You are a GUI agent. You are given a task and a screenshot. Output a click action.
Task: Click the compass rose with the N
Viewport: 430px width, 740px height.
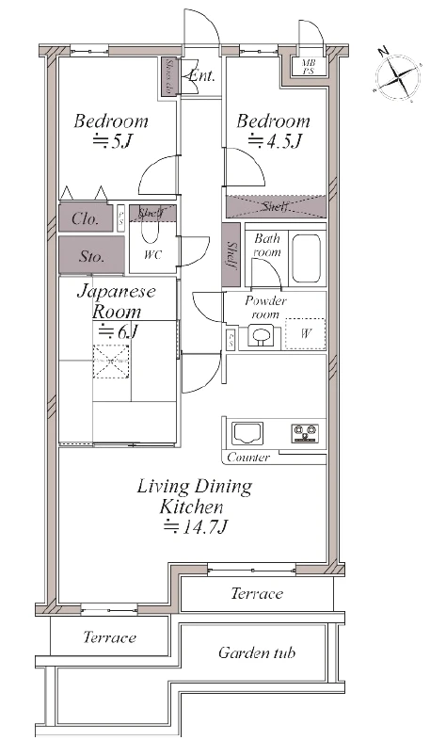395,72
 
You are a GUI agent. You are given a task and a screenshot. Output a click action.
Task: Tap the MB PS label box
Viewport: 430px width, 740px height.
308,67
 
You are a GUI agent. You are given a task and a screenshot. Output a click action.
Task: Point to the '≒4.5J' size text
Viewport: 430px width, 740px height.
273,143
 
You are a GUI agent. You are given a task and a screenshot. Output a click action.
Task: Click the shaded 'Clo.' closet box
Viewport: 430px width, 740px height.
87,218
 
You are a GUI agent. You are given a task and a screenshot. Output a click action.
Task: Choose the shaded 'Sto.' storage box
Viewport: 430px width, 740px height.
90,254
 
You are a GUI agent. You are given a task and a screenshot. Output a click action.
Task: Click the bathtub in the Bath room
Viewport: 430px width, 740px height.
306,258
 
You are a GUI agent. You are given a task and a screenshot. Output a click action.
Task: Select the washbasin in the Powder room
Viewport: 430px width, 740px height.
261,336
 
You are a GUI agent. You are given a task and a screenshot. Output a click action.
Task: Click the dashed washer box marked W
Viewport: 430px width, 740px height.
305,333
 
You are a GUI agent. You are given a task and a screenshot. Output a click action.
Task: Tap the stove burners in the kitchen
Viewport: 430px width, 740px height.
305,433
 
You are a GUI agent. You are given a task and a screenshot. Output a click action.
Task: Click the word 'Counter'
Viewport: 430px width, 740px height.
248,458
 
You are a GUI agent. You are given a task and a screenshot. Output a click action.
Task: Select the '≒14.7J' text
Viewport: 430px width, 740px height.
195,527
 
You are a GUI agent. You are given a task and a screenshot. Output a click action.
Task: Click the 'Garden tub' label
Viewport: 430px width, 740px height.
257,652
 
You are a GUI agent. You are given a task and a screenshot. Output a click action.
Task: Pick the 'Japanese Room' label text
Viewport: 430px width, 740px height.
116,300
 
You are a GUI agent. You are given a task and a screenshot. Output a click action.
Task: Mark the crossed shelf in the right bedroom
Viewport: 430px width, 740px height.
275,206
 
